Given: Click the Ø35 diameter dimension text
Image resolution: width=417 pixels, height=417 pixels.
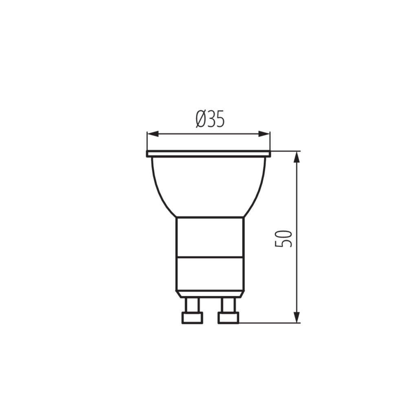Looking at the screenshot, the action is click(x=210, y=119).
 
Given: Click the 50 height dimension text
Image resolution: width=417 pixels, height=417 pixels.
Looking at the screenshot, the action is click(x=283, y=238).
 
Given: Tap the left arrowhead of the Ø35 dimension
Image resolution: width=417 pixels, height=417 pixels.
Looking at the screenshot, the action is click(x=153, y=134).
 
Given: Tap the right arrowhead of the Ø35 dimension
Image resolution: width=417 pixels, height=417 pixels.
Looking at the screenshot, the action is click(x=264, y=134).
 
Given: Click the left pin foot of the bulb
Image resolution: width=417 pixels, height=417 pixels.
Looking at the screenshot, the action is click(x=192, y=318).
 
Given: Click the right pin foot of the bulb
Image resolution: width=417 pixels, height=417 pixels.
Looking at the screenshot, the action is click(x=228, y=318).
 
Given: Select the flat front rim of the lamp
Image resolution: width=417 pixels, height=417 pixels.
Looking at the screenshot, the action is click(x=208, y=154).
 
